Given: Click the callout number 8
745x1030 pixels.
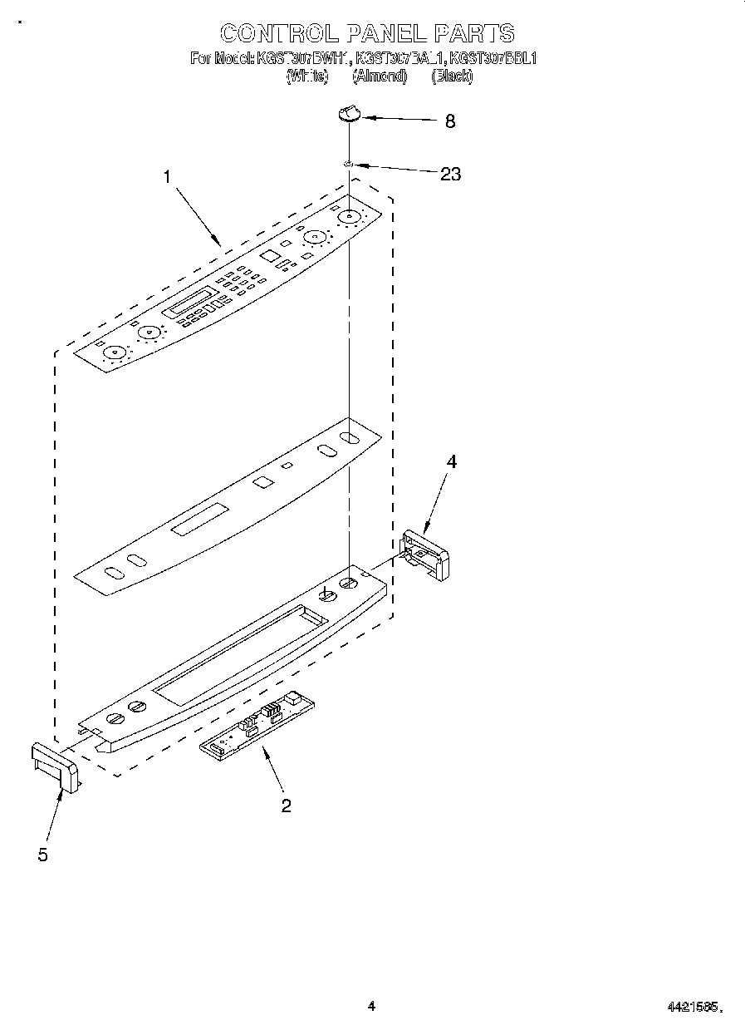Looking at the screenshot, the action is click(450, 121).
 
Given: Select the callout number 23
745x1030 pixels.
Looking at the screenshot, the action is click(450, 175).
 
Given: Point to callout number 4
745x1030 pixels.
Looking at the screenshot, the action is click(452, 462).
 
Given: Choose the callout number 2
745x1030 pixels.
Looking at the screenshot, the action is click(286, 805).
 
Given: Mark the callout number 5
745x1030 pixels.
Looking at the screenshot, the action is click(42, 854).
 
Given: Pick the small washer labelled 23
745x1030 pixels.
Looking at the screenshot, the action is click(350, 165).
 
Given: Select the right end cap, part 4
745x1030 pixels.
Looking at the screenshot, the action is click(424, 554).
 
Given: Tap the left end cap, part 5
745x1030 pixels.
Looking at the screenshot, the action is click(56, 766).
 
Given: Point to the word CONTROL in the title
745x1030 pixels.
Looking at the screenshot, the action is click(279, 33).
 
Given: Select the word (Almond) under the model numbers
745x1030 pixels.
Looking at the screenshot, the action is click(380, 76).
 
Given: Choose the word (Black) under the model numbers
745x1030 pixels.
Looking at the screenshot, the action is click(452, 76).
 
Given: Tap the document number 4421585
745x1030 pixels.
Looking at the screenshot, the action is click(694, 1007).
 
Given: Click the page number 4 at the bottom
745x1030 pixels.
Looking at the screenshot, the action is click(371, 1006).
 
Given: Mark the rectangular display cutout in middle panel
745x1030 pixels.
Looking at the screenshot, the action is click(199, 519).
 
